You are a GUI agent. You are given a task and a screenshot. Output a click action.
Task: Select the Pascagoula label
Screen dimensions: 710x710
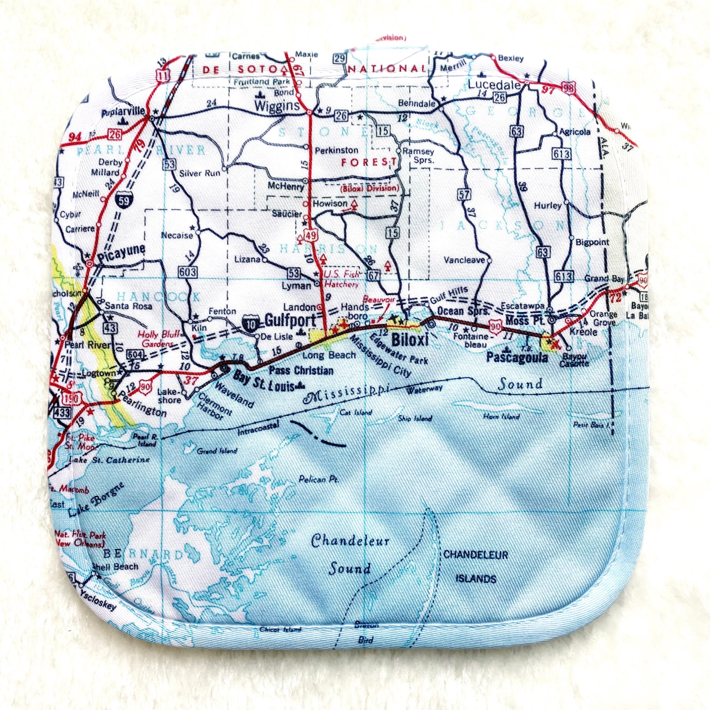tap(517, 358)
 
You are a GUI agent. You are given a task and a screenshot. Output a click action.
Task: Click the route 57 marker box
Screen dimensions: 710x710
tap(464, 194)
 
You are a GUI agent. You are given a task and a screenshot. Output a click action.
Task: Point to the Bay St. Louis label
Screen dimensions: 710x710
tap(264, 385)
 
